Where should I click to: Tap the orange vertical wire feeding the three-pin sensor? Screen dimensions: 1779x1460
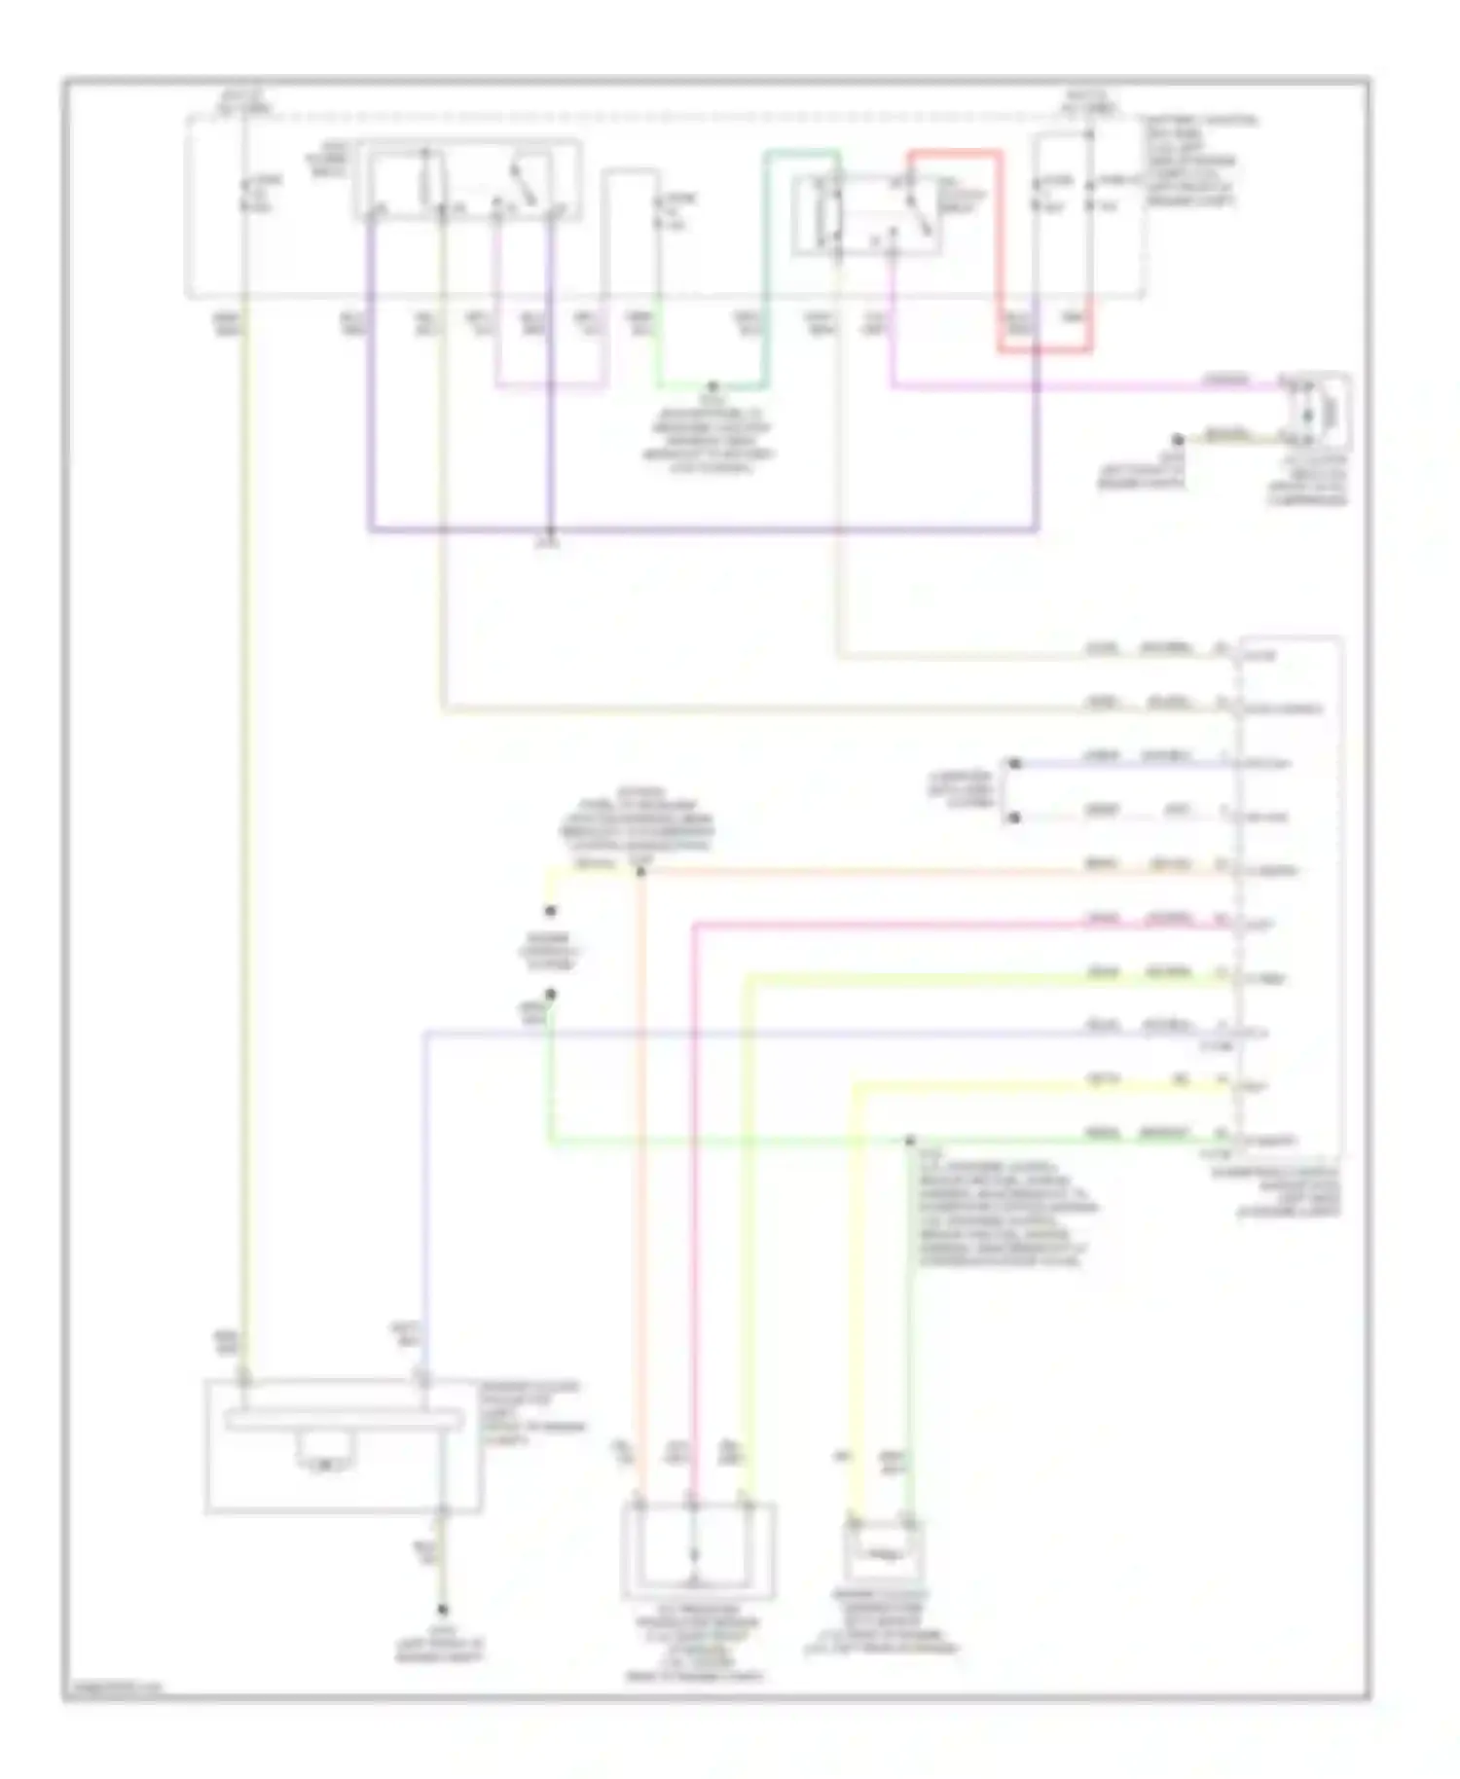point(639,1168)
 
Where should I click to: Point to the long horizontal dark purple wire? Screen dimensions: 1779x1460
point(701,531)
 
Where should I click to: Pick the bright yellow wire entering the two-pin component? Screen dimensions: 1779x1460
point(855,1314)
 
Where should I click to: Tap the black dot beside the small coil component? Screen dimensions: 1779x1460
point(1177,440)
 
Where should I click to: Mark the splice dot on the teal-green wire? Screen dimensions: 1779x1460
point(712,386)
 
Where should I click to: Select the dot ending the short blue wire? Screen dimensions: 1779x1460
point(1013,764)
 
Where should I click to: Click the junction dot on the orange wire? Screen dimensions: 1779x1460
point(639,871)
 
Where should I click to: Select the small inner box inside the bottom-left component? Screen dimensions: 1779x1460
point(328,1460)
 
